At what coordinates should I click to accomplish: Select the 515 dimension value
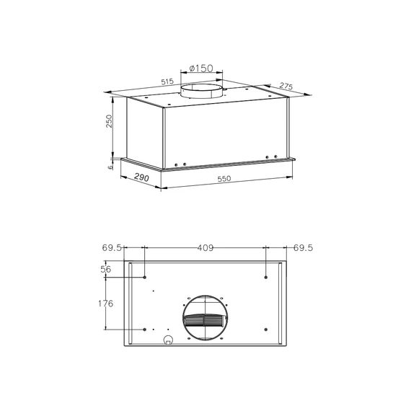click(167, 83)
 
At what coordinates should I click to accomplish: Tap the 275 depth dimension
click(286, 87)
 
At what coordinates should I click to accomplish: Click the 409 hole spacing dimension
click(205, 248)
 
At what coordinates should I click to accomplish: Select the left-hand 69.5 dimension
click(112, 248)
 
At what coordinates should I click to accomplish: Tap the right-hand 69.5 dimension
click(304, 248)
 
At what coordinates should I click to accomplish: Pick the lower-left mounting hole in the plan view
click(145, 330)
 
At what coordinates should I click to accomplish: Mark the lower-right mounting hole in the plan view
click(266, 330)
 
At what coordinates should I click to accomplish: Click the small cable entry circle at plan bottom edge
click(168, 341)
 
